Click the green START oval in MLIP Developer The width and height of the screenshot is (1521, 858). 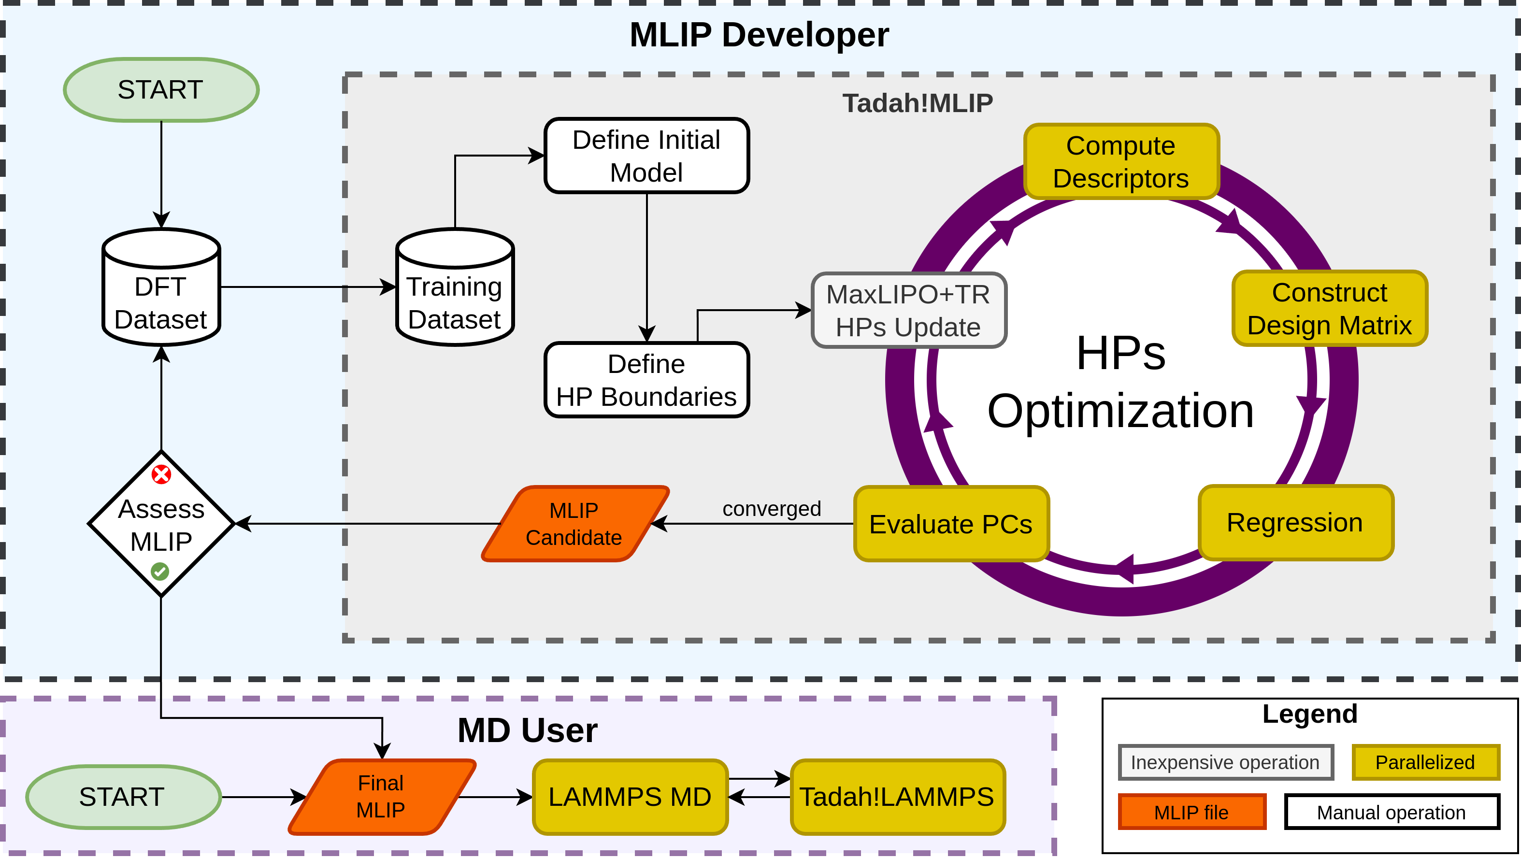[x=160, y=90]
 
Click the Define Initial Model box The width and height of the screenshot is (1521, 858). [x=646, y=156]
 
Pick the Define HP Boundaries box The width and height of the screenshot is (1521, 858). [x=646, y=380]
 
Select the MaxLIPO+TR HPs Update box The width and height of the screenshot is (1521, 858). [x=908, y=311]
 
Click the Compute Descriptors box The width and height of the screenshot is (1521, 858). [x=1120, y=162]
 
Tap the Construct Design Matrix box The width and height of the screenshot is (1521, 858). [x=1329, y=308]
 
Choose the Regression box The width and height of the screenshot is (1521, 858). [x=1295, y=523]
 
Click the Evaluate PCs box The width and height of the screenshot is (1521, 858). [x=951, y=524]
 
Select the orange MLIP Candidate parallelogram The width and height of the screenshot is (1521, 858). [x=574, y=524]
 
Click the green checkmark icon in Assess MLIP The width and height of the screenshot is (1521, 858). [x=160, y=571]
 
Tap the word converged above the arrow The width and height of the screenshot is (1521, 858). [x=771, y=508]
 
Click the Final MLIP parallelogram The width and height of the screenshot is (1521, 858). [x=381, y=797]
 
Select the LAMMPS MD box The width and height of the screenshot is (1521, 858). [x=630, y=797]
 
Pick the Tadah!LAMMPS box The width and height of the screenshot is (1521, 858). [x=896, y=797]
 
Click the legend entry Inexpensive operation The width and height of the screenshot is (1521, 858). [x=1225, y=762]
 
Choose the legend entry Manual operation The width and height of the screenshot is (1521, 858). [x=1391, y=812]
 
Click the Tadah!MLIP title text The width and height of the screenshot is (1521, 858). [x=917, y=103]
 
